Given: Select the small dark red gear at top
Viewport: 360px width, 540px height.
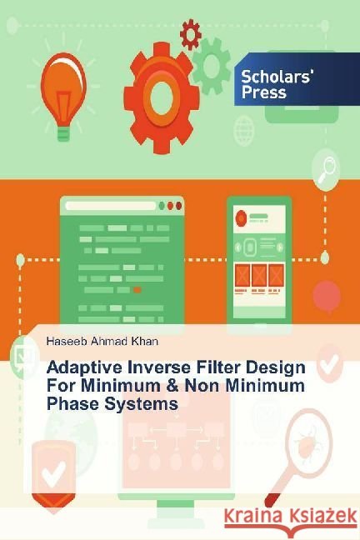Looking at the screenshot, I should (x=191, y=34).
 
